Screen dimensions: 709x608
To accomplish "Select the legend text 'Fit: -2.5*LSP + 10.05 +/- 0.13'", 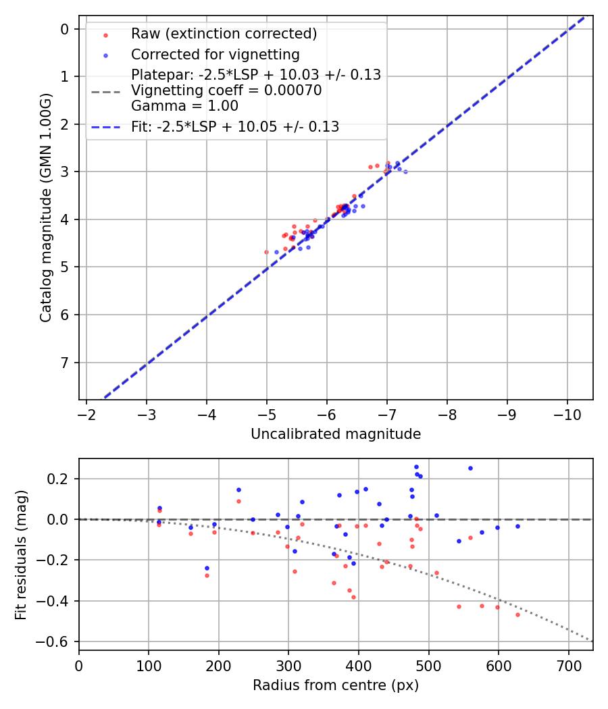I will point(235,126).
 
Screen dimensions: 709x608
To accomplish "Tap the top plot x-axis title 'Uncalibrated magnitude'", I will point(336,434).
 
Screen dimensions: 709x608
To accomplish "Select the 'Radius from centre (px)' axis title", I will point(336,685).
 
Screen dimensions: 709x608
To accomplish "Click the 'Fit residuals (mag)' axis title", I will point(21,554).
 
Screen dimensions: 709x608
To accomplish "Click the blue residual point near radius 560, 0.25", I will point(470,468).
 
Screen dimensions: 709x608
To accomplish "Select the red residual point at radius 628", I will point(517,614).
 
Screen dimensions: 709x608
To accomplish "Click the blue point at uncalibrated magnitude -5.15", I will point(276,252).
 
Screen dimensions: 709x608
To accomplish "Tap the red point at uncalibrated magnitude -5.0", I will point(266,252).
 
